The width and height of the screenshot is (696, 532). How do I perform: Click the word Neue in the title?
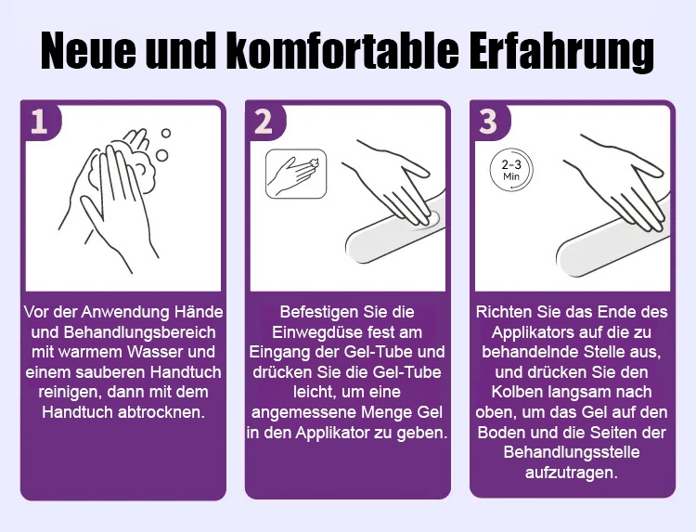pos(88,51)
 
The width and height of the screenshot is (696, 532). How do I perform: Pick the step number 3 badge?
pos(488,121)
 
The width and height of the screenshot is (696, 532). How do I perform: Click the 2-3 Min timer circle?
pos(511,171)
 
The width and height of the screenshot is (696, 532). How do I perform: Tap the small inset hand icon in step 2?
pos(296,174)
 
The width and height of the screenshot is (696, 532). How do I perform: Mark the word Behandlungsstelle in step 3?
pos(572,452)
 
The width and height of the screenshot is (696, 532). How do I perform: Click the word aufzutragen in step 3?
pos(572,472)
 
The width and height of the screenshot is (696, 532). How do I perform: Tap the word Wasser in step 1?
pos(155,352)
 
